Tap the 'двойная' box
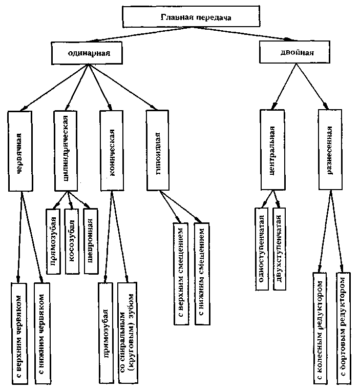pos(293,52)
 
